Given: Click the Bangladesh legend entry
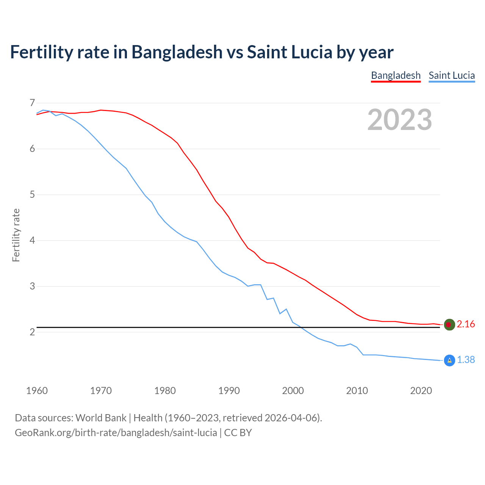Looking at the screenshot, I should [x=396, y=75].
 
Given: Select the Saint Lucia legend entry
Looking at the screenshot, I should [x=452, y=75].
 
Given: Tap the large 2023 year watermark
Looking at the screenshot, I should [x=399, y=120].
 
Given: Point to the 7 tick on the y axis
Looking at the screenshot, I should [x=32, y=103].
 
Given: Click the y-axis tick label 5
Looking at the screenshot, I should [x=32, y=195].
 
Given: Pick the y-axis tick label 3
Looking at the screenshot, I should [x=32, y=286].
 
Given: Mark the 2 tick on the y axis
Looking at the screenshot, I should [x=32, y=332].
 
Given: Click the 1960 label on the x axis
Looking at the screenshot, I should [x=37, y=391].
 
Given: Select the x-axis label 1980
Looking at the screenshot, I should [x=165, y=391].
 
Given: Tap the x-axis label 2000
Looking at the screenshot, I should [x=293, y=391].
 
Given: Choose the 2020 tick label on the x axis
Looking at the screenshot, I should [x=421, y=391].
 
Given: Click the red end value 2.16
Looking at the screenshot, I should [x=466, y=324].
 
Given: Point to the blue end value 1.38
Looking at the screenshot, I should [x=466, y=360].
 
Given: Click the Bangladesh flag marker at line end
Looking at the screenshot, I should [x=449, y=325].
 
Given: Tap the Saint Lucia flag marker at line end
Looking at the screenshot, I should [x=449, y=360].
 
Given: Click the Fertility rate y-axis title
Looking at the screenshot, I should [x=16, y=235].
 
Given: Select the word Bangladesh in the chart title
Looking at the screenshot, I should [x=177, y=52].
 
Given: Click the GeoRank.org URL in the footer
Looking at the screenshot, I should [x=116, y=433].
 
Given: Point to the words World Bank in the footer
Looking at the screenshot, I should [x=101, y=418].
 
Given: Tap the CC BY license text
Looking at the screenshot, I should [x=238, y=433].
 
